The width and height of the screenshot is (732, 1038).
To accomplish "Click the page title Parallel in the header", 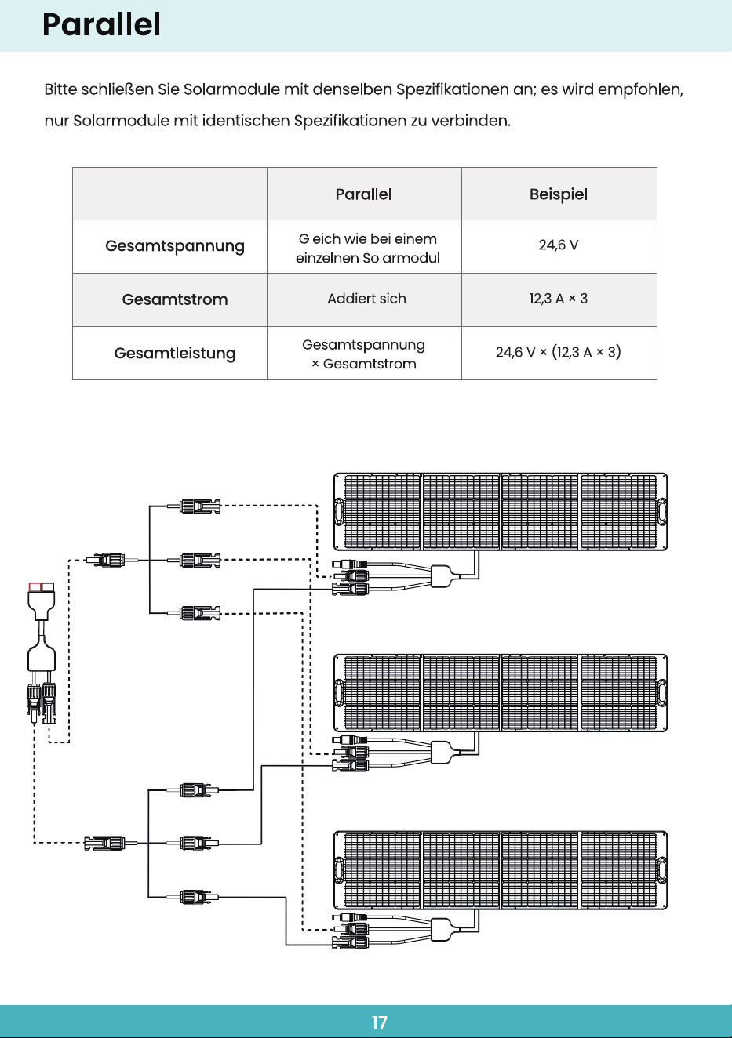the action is (x=101, y=24).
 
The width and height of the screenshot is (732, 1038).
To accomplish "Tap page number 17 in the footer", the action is (x=380, y=1022).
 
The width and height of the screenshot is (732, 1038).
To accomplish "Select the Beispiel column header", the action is (x=559, y=194).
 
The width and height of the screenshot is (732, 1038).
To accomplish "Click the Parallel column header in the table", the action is (x=364, y=194).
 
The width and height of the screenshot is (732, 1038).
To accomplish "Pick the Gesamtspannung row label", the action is (x=175, y=246).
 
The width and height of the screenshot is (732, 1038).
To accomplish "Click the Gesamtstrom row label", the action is (x=175, y=299).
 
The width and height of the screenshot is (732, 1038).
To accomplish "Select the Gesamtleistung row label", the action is (x=175, y=353).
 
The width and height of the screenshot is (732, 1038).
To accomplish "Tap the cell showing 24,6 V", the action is (x=559, y=245).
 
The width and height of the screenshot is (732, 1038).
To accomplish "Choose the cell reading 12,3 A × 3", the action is (x=559, y=299).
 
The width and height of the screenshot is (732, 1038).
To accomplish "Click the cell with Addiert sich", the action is (x=367, y=299).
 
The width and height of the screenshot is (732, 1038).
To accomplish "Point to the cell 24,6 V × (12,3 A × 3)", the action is (x=559, y=352).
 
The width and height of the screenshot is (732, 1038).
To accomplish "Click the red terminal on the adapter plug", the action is (x=35, y=587).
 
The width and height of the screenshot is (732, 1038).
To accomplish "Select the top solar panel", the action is (x=501, y=512).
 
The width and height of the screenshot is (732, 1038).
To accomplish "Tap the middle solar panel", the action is (x=501, y=693).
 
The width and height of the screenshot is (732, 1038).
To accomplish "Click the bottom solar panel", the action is (x=501, y=870).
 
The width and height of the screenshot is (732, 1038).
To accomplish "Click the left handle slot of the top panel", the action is (x=339, y=512).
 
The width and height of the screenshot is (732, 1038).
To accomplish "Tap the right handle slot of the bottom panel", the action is (x=662, y=870).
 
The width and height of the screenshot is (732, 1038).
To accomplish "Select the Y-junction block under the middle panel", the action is (x=441, y=752).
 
